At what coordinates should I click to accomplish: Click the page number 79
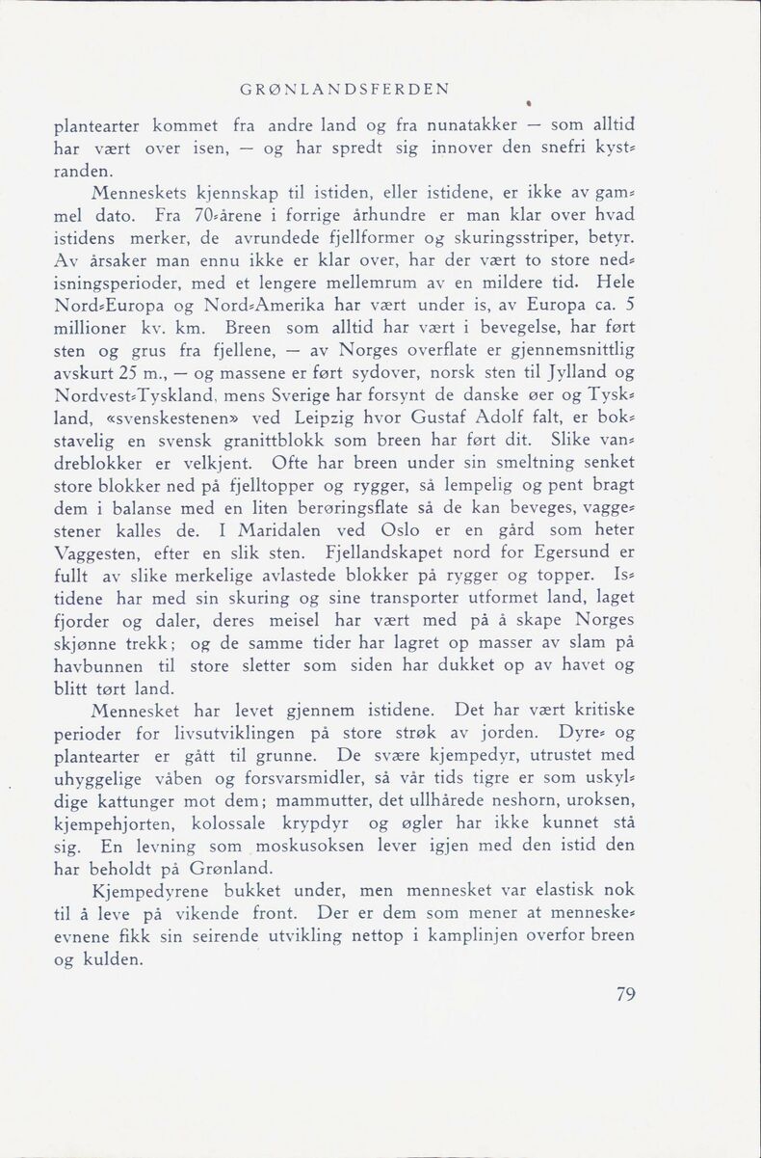click(x=626, y=995)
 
